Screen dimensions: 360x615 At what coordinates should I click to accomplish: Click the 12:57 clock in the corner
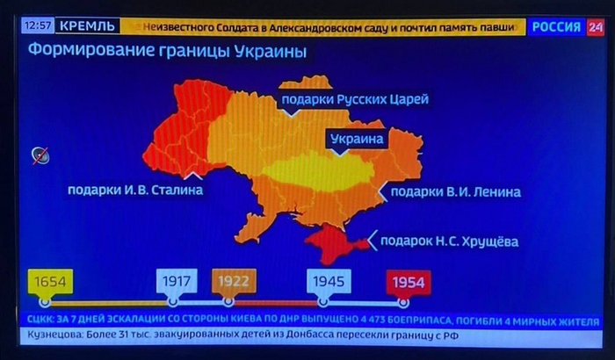[40, 26]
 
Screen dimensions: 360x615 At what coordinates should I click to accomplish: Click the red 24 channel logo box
[596, 27]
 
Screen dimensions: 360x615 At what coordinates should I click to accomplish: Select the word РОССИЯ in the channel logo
[556, 27]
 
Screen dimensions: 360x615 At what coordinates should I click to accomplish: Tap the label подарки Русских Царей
[354, 100]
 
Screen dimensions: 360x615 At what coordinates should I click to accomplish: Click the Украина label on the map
[357, 139]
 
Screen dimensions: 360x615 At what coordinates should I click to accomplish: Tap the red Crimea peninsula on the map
[331, 242]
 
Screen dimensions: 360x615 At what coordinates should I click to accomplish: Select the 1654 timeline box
[50, 282]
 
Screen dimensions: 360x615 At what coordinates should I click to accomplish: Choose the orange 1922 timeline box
[234, 282]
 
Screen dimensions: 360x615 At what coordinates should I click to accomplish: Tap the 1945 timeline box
[329, 282]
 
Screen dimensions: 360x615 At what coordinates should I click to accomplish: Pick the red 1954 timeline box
[409, 282]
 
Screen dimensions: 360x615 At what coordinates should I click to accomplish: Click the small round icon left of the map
[40, 156]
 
